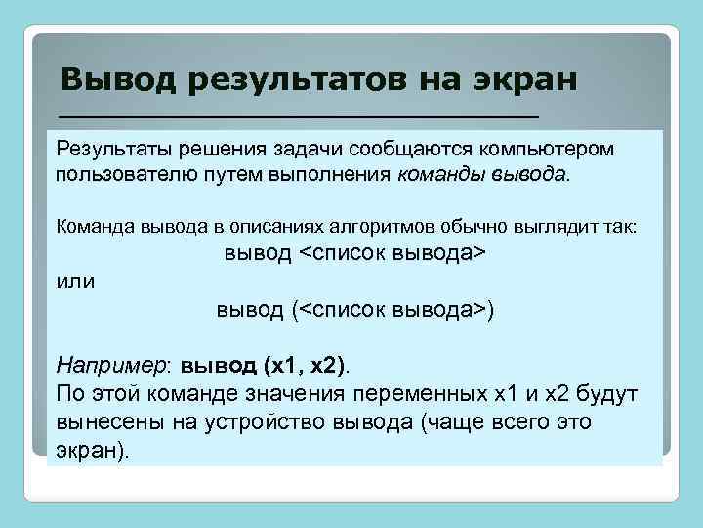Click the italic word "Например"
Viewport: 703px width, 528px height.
point(110,365)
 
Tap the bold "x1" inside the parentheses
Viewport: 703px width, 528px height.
point(283,365)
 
